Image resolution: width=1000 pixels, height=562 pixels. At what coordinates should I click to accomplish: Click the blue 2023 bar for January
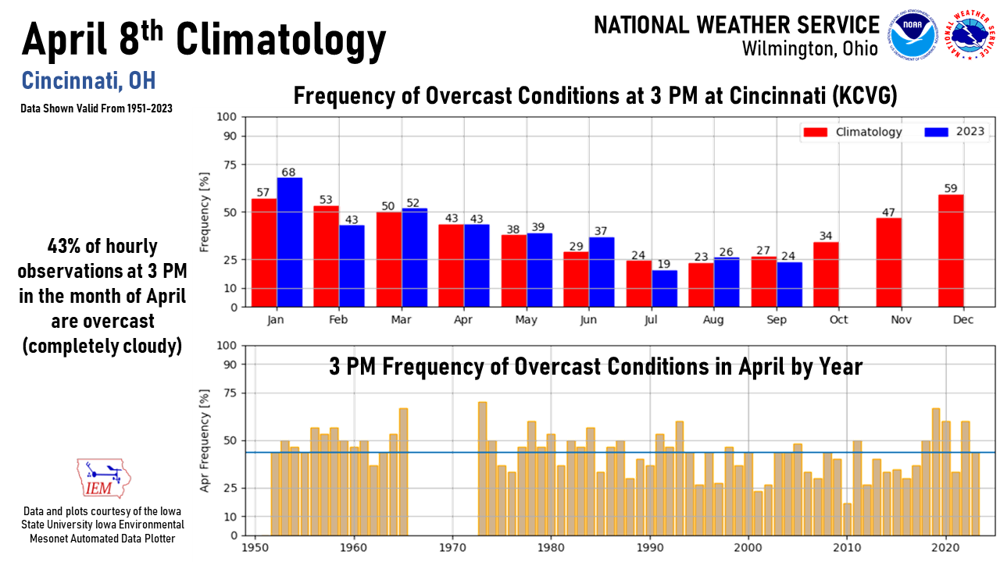coord(290,243)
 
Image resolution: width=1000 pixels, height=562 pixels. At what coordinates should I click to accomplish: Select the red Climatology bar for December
coord(951,251)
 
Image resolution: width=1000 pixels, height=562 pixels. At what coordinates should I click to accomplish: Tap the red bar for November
coord(888,262)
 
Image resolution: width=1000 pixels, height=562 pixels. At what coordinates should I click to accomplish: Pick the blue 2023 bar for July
coord(665,289)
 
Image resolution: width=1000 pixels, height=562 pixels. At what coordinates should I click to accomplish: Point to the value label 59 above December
coord(951,188)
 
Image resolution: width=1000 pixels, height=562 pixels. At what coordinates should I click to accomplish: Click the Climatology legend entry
coord(855,132)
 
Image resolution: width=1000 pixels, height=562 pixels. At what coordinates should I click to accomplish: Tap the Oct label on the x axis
coord(827,321)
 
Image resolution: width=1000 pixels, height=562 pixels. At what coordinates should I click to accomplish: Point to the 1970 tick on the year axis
coord(452,549)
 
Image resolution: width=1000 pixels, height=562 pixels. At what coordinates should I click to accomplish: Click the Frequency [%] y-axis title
coord(205,212)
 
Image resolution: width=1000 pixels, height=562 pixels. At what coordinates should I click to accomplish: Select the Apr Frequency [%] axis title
coord(205,440)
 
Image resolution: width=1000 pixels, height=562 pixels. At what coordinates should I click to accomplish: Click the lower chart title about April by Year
coord(595,366)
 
